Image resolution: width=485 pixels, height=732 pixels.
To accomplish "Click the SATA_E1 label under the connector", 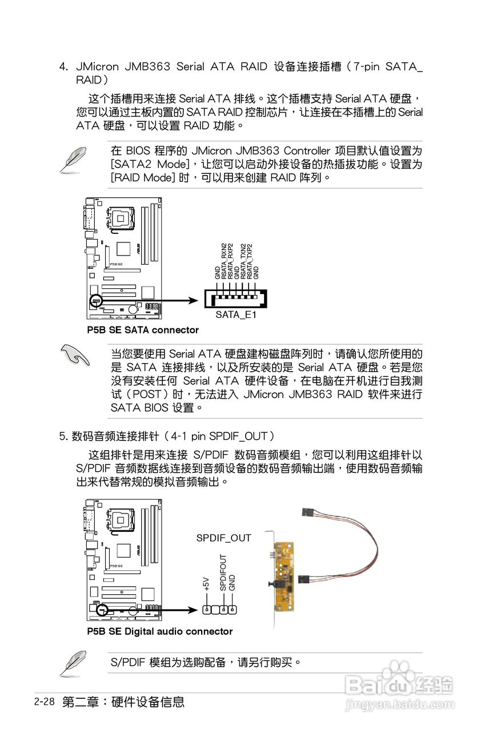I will point(236,315).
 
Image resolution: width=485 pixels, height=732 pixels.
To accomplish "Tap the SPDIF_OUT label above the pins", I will point(223,538).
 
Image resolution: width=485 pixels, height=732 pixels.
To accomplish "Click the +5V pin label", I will point(206,583).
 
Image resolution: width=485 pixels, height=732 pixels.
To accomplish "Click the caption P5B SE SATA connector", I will point(143,330).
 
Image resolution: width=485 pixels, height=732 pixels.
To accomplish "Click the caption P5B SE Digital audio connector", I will point(160,631).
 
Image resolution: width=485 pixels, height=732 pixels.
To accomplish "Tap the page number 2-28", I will point(44,702).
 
